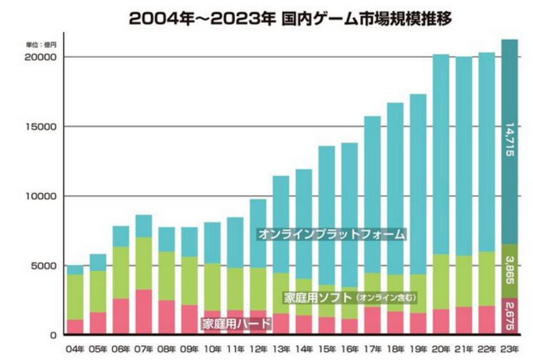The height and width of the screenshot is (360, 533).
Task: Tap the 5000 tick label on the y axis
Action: pos(44,265)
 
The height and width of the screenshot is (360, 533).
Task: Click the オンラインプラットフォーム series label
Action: pos(331,234)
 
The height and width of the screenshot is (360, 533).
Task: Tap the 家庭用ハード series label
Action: pos(236,323)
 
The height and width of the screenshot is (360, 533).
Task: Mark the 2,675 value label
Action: pos(509,315)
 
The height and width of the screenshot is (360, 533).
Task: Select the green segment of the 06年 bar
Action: pos(121,272)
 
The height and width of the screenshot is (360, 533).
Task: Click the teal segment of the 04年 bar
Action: pos(76,270)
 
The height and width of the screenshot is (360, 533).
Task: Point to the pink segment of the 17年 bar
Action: pos(372,320)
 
